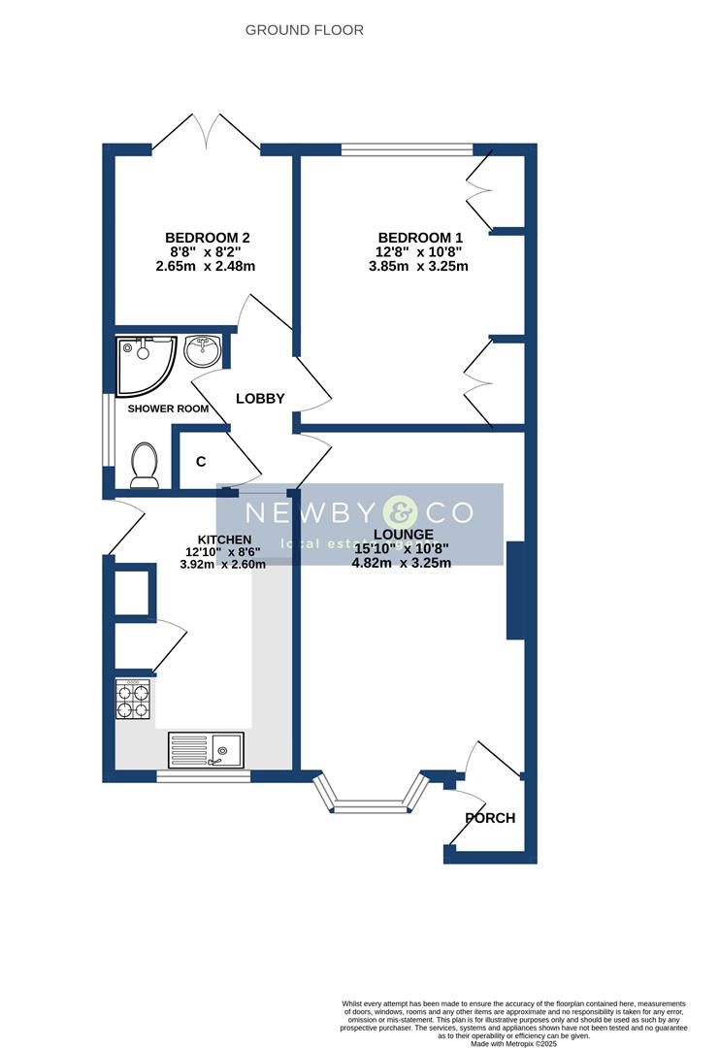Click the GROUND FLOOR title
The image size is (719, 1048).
304,30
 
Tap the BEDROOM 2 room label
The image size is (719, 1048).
208,238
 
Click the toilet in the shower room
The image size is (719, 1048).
145,465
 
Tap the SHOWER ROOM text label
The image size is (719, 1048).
168,409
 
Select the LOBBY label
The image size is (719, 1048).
260,398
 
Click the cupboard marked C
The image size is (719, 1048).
201,462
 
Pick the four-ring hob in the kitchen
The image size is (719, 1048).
134,700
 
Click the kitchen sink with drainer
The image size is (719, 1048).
206,750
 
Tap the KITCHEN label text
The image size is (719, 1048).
224,540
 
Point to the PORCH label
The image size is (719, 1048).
490,818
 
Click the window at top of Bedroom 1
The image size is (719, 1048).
408,149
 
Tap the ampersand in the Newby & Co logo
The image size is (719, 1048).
398,511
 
